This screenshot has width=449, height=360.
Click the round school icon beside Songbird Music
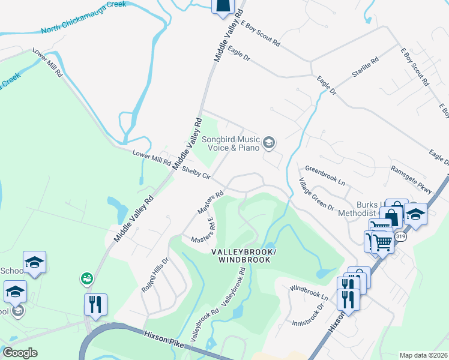269,142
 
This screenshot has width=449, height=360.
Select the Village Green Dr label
316,194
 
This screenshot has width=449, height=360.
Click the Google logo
21,352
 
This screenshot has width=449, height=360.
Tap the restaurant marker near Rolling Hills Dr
95,305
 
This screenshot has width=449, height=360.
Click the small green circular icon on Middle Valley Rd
87,278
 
